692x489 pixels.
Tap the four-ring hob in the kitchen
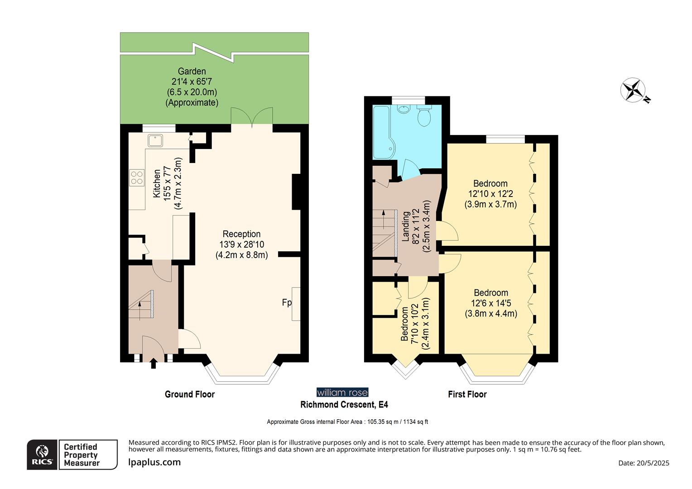137,177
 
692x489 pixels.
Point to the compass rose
633,90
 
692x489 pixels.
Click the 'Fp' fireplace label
287,302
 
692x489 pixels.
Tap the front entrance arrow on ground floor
154,363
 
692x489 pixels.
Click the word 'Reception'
241,234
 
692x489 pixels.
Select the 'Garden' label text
192,72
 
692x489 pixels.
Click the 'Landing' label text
406,226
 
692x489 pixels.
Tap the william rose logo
342,393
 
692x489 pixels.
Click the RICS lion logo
42,454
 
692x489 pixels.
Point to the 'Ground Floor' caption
189,394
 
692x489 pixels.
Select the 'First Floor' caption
467,394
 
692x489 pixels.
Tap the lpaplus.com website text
154,462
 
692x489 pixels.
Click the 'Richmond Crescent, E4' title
344,405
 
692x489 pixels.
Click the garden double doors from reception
252,117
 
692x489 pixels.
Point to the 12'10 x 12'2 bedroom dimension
490,194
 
